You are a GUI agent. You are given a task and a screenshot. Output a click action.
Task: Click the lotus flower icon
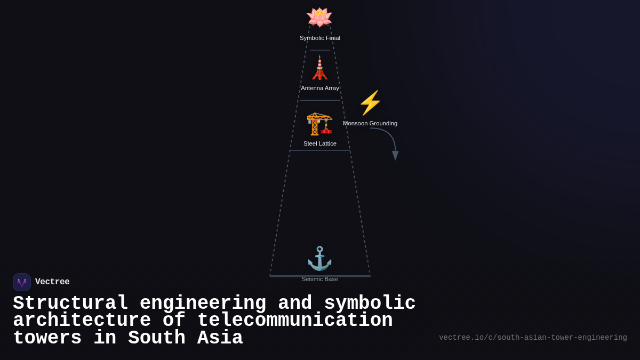[x=319, y=17]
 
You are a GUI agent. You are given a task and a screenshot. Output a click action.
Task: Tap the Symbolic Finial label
[x=320, y=38]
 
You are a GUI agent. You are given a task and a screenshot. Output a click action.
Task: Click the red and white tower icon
[x=319, y=68]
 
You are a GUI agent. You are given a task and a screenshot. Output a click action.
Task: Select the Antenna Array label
[x=320, y=88]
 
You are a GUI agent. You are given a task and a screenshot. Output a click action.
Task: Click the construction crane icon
[x=319, y=123]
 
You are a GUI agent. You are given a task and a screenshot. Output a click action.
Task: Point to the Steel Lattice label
[x=320, y=143]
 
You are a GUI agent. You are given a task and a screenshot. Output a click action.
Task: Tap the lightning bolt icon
[x=370, y=103]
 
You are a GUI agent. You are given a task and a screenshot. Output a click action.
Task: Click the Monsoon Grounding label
[x=370, y=123]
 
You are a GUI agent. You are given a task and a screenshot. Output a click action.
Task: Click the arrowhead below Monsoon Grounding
[x=395, y=155]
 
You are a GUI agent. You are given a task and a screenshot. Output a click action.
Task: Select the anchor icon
[x=319, y=259]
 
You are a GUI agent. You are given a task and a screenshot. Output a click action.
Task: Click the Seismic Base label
[x=320, y=279]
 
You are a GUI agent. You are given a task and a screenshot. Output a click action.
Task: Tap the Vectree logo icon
[x=22, y=282]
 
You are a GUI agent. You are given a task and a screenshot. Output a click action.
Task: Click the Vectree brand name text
[x=52, y=282]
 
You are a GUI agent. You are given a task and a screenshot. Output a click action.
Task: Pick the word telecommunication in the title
[x=295, y=321]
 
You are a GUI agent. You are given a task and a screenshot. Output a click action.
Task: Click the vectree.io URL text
[x=533, y=338]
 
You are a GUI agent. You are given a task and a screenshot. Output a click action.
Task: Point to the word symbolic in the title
[x=370, y=303]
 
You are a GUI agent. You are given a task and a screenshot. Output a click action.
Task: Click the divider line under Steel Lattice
[x=320, y=151]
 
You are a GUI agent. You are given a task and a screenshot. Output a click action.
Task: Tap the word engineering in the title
[x=203, y=303]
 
